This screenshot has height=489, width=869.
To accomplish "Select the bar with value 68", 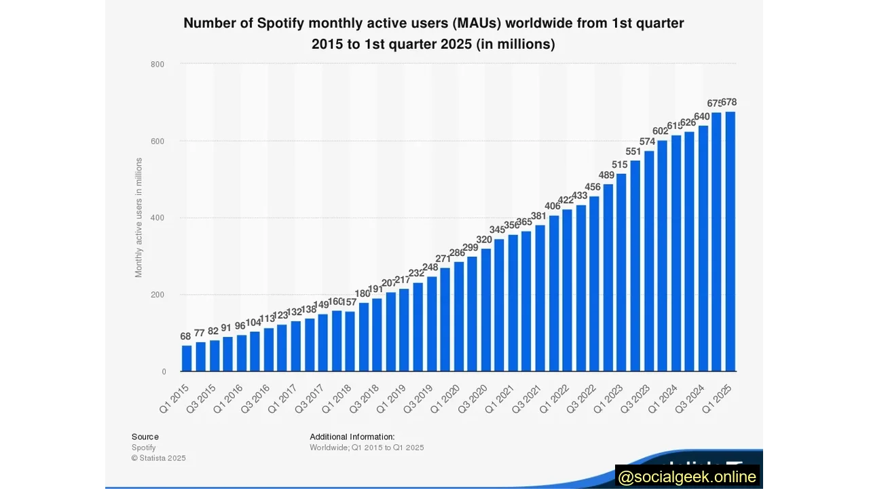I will [x=187, y=358].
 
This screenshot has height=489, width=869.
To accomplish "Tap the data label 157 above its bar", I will [x=349, y=302].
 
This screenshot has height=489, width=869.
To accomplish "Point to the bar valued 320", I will [x=485, y=310].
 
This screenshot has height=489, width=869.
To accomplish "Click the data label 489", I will [x=608, y=175].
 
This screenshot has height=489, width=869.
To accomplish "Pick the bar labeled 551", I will [x=635, y=266].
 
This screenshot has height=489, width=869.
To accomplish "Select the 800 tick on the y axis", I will [x=158, y=65].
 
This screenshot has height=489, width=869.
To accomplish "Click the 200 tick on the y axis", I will [x=158, y=295].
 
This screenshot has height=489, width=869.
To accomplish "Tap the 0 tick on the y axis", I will [x=164, y=372].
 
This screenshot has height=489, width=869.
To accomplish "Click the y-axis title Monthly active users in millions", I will [x=139, y=217].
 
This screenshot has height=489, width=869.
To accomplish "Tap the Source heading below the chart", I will [x=145, y=437].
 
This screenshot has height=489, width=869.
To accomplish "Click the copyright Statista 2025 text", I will [x=158, y=458].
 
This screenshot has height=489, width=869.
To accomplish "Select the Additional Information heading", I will [x=352, y=437].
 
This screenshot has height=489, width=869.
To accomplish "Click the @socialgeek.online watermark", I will [x=687, y=477].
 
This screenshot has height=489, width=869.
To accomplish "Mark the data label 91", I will [x=226, y=327].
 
